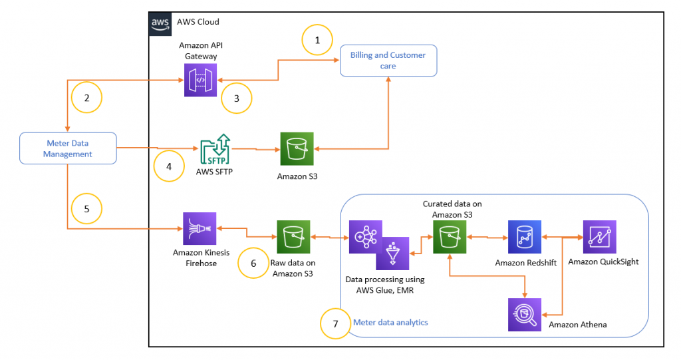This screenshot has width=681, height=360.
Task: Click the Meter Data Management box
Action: coord(68,148)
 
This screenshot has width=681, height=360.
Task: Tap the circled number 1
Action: coord(317,40)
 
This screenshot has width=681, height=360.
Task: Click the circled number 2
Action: coord(86,97)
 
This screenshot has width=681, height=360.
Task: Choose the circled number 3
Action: coord(237,97)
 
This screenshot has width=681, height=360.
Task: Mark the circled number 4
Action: coord(168,166)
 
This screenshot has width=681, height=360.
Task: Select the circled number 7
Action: coord(335,323)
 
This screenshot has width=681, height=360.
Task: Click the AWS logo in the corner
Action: coord(160,23)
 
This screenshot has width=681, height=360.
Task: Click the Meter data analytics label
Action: coord(390,323)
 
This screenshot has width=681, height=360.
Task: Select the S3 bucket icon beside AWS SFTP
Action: coord(296,148)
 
